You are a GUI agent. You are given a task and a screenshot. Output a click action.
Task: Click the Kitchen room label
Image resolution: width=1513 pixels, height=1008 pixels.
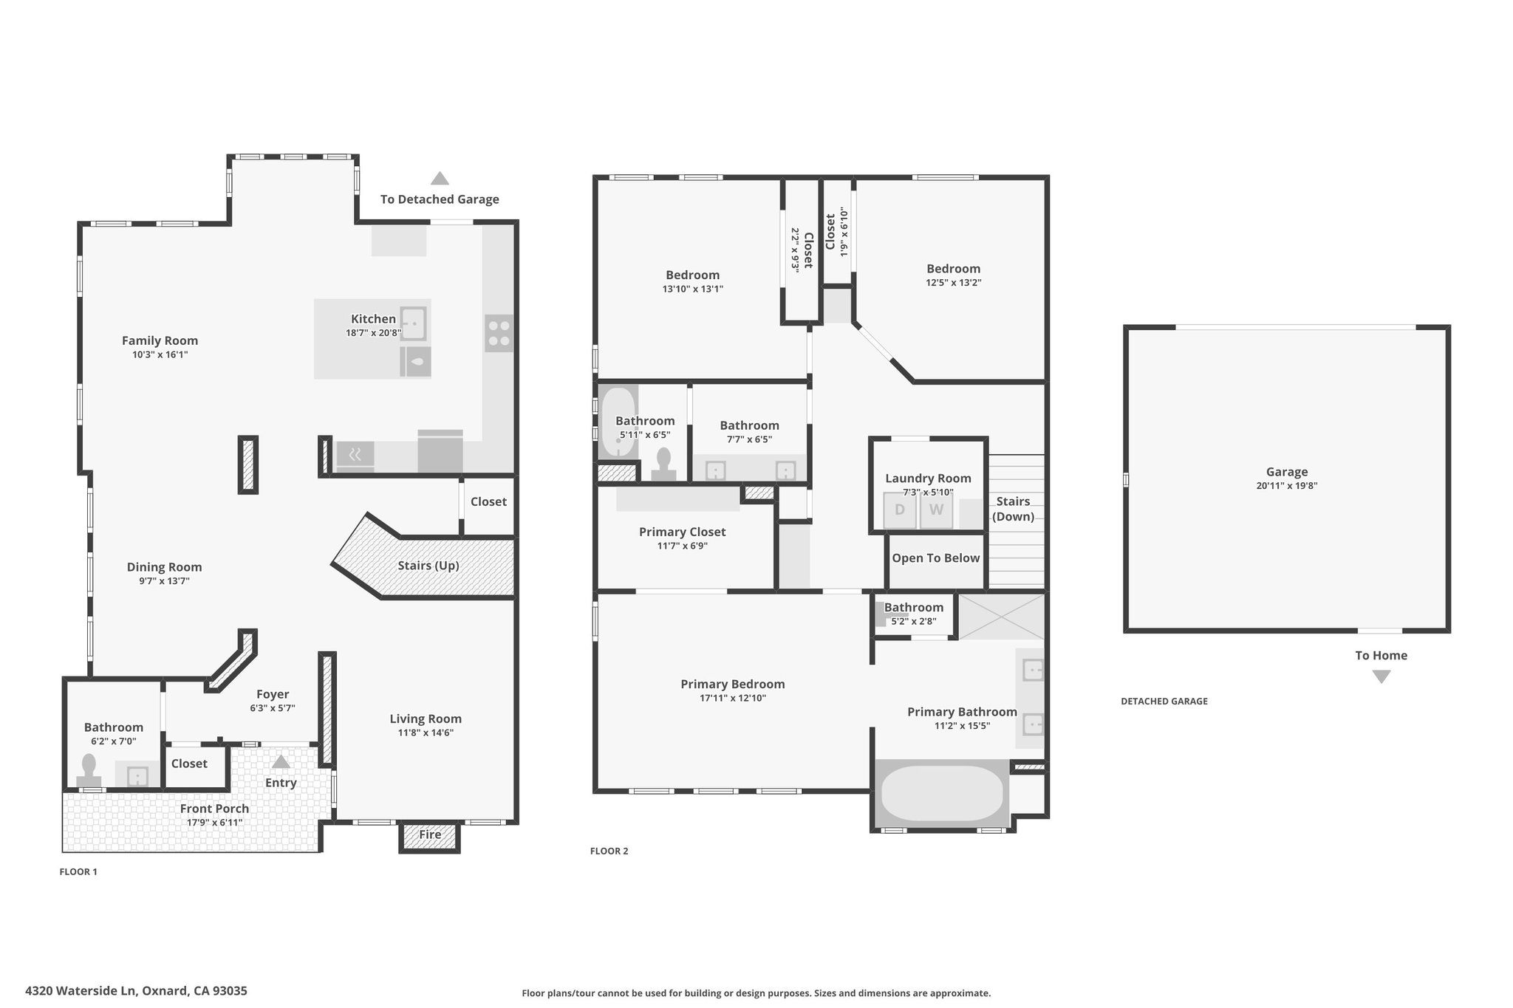point(373,319)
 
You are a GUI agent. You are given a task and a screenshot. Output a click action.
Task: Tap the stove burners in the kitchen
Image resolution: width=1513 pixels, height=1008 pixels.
point(499,333)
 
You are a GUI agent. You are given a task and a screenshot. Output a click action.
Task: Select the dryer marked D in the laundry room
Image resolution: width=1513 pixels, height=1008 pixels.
point(900,510)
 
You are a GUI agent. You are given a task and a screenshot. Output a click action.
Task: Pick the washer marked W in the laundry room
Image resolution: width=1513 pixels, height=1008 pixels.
point(936,510)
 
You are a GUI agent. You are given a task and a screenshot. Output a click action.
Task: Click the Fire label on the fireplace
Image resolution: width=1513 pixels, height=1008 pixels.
point(430,834)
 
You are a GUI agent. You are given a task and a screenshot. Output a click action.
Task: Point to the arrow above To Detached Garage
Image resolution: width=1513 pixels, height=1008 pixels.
point(440,178)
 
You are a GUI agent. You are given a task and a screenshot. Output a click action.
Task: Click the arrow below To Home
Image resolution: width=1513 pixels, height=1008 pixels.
point(1381,676)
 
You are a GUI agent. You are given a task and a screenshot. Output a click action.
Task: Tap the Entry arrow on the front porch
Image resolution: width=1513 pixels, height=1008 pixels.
point(281,761)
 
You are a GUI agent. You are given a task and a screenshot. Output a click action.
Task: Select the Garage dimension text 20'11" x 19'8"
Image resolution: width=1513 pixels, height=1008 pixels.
point(1286,486)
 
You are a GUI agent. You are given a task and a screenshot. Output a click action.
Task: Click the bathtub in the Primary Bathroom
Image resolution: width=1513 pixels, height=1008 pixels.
point(942,794)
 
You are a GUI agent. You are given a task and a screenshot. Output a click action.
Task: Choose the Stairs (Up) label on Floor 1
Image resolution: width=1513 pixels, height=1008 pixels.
point(428,566)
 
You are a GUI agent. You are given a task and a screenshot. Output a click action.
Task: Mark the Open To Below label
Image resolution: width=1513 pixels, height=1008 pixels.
point(935,558)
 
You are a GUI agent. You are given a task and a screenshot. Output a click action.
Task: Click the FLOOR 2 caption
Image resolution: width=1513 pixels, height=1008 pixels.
point(609,851)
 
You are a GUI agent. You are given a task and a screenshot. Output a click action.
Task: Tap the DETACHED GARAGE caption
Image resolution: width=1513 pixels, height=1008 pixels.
point(1164,701)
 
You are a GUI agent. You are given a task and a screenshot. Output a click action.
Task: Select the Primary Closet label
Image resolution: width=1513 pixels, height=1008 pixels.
point(682,532)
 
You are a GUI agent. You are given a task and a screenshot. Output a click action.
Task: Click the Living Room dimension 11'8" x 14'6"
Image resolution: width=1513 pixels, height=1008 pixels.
point(426,733)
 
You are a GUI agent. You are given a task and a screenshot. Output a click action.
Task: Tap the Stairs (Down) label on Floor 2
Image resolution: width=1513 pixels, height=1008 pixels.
point(1013,509)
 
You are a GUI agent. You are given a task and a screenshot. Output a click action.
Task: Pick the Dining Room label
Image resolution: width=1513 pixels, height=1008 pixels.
point(164,567)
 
